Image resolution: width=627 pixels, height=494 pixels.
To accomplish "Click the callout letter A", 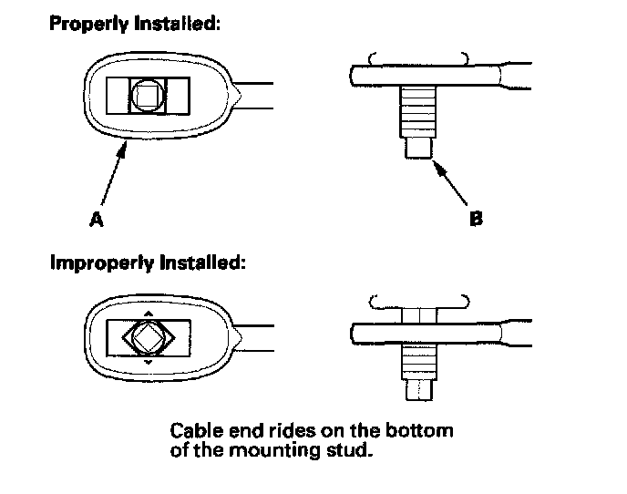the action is (x=95, y=220).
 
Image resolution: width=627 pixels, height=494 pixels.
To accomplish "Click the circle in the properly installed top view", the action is (x=148, y=96).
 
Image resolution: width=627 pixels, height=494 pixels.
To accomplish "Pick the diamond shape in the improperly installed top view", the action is (x=149, y=338).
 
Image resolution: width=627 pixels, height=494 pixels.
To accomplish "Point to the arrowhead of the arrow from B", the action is (x=436, y=161).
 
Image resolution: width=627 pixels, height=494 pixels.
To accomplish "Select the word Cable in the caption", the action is (x=192, y=428).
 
